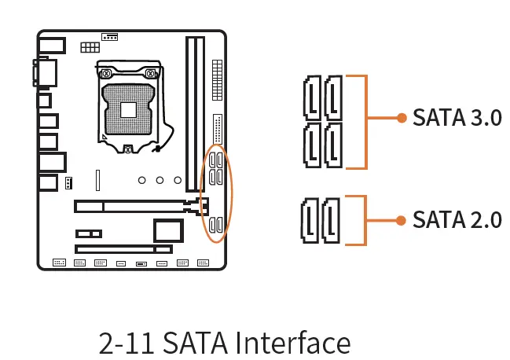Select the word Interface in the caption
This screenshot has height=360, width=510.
(293, 343)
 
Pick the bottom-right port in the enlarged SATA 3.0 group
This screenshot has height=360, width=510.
(333, 145)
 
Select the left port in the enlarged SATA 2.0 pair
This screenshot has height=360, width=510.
(310, 220)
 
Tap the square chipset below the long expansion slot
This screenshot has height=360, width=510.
(169, 230)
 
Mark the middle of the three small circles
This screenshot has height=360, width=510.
(160, 181)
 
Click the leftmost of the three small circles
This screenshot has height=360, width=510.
(142, 181)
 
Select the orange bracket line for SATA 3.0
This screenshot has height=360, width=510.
(366, 122)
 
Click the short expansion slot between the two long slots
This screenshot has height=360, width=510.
(89, 234)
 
